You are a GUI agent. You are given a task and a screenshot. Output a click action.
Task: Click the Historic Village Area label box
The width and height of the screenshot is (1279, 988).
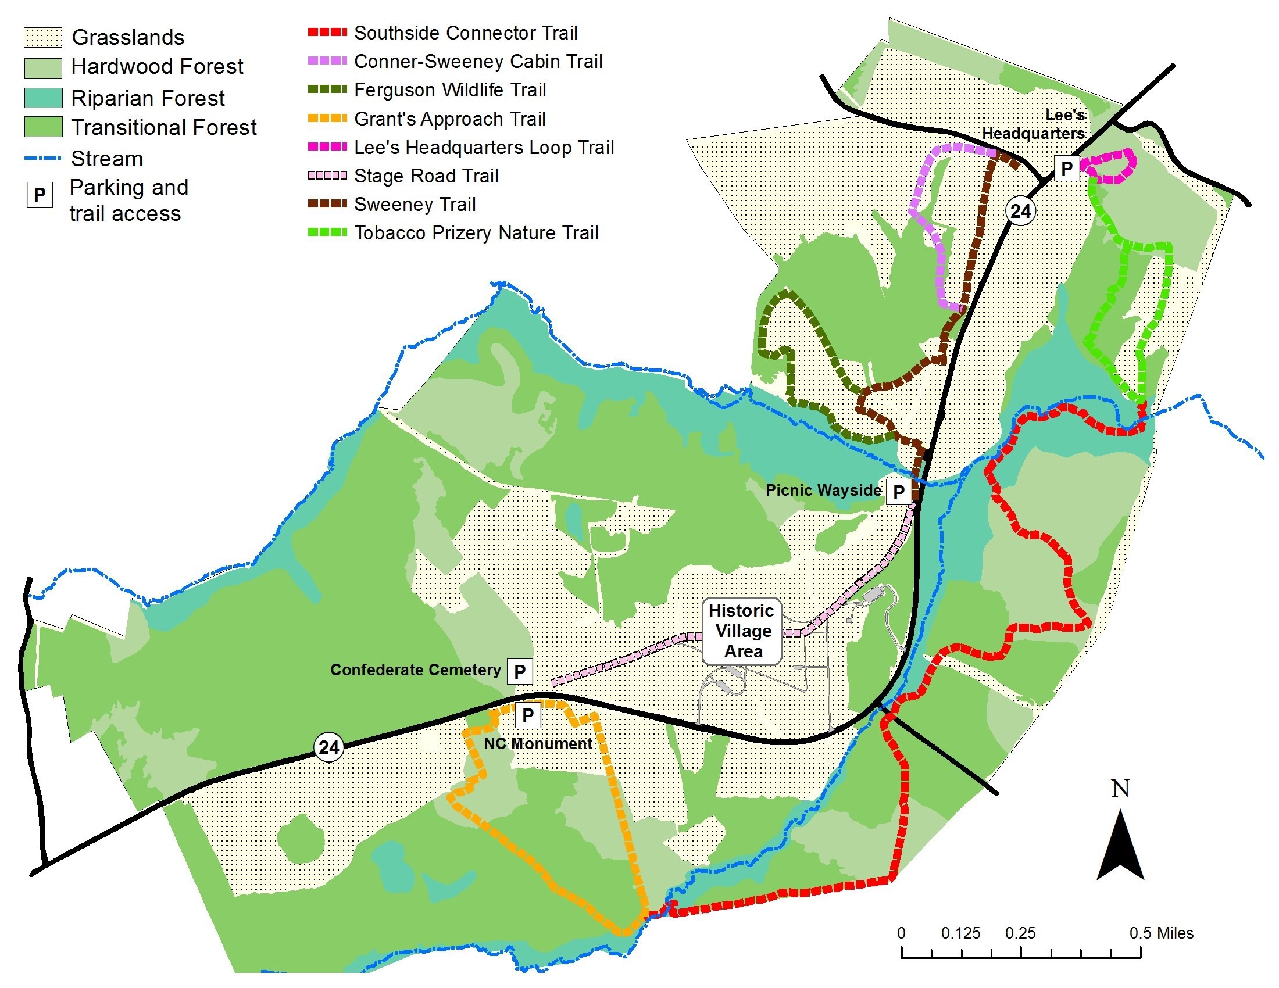742,631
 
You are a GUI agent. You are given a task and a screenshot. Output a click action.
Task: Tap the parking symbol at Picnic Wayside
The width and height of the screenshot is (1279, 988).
898,492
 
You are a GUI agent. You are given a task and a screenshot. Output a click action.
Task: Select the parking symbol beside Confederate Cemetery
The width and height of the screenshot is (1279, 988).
519,671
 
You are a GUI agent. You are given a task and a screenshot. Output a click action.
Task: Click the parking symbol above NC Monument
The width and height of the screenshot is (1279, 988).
527,715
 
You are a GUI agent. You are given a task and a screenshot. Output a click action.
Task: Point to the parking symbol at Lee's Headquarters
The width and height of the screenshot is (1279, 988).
1066,169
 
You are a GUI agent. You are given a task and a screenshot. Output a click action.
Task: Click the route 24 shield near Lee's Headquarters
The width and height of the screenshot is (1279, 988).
1020,211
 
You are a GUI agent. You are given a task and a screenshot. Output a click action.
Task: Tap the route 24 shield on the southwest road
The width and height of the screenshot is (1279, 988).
328,747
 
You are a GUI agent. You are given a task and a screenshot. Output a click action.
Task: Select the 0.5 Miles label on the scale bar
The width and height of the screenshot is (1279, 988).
1161,933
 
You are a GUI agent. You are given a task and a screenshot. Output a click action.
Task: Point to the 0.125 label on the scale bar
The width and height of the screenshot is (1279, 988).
960,933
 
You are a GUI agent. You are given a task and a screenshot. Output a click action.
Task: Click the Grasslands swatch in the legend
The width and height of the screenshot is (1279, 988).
43,37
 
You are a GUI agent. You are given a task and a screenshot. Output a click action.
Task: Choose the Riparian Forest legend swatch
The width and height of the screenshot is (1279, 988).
43,98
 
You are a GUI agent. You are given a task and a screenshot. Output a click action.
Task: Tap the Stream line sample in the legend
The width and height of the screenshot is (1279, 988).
43,158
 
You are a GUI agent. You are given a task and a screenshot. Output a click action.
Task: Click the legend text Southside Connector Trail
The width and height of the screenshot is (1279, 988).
466,33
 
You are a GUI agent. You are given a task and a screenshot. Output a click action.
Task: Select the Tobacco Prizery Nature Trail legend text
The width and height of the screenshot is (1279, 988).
476,233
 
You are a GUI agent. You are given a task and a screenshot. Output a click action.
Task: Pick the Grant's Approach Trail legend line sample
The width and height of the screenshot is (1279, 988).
327,119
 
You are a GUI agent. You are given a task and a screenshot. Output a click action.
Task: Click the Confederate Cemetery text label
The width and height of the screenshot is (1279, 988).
415,670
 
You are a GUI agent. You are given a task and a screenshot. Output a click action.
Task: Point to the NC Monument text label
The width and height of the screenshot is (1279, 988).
538,743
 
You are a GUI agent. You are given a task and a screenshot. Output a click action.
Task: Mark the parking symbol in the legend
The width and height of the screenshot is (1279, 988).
40,194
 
